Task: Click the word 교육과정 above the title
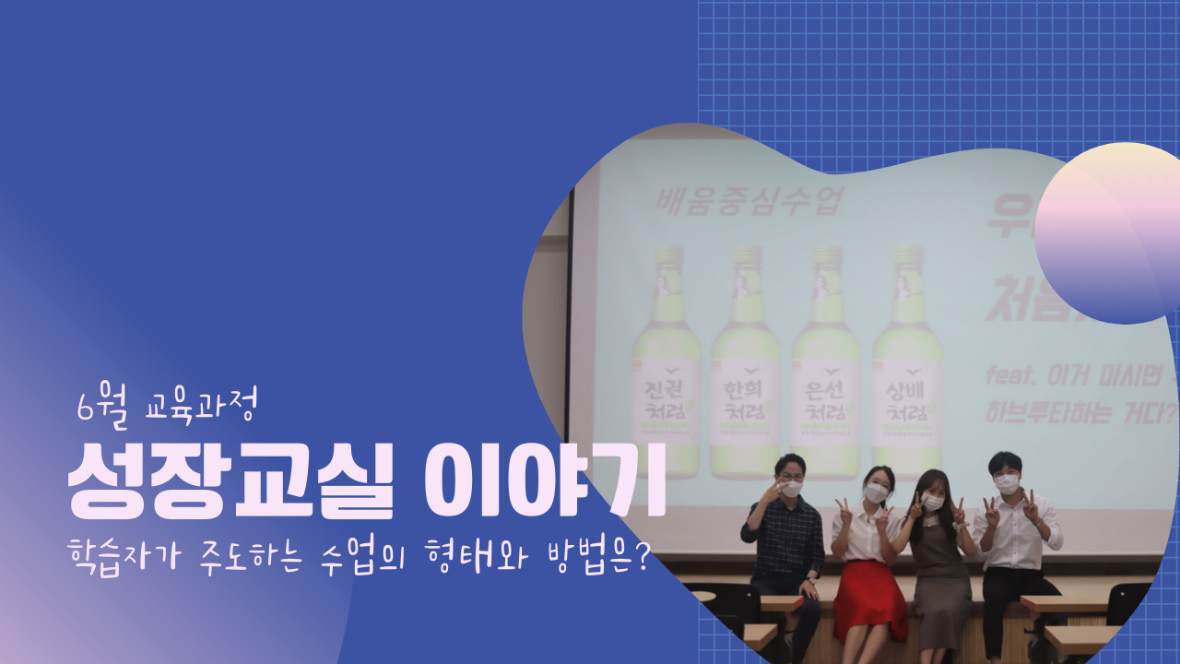click(206, 407)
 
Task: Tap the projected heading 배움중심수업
click(748, 202)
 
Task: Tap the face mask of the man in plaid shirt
click(791, 489)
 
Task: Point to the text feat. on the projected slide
click(1009, 375)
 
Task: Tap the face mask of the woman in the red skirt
click(875, 493)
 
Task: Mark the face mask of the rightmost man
click(1007, 481)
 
